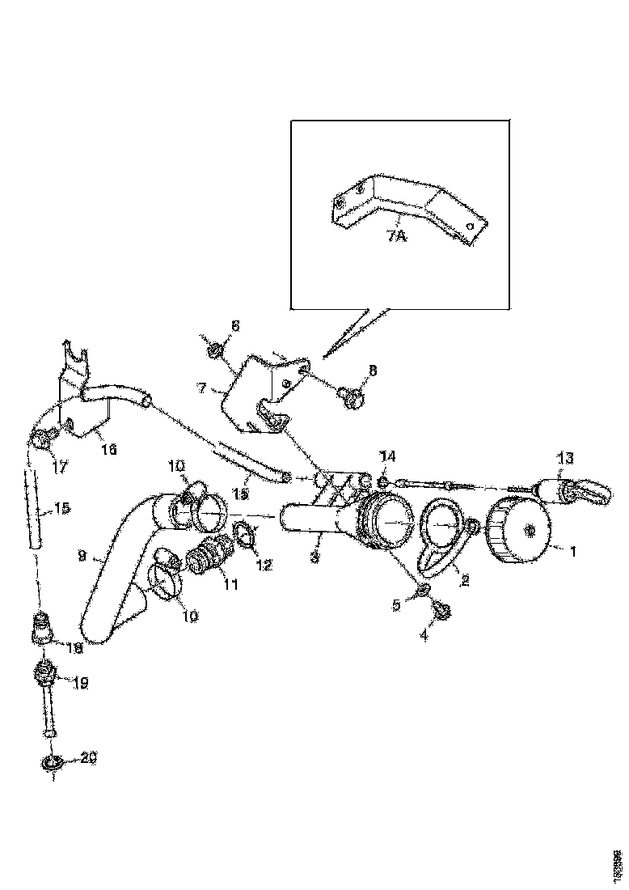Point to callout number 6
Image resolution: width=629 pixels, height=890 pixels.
click(x=234, y=325)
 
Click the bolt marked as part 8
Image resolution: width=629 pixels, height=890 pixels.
click(x=352, y=395)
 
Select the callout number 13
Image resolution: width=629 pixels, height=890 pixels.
click(x=565, y=459)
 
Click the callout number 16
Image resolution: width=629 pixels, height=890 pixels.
click(x=108, y=449)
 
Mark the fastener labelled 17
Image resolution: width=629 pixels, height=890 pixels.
click(x=39, y=439)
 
